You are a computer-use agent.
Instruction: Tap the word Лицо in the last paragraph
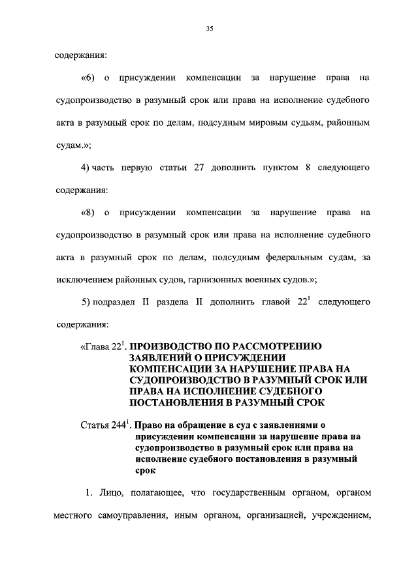coord(107,492)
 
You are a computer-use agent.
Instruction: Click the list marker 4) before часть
coord(85,168)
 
